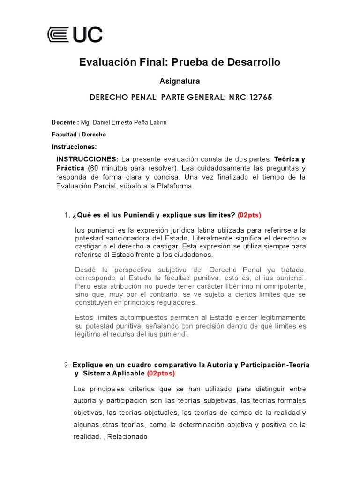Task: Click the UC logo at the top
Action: pyautogui.click(x=75, y=35)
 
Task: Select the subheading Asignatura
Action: pyautogui.click(x=180, y=81)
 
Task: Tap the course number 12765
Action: pyautogui.click(x=261, y=97)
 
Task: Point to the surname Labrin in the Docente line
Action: pyautogui.click(x=157, y=122)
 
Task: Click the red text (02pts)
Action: pyautogui.click(x=249, y=215)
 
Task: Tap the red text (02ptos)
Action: pyautogui.click(x=161, y=374)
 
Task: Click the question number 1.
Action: pyautogui.click(x=66, y=215)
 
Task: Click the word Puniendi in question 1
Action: pyautogui.click(x=137, y=215)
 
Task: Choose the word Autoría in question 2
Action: pyautogui.click(x=211, y=365)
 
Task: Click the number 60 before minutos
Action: pyautogui.click(x=93, y=168)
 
